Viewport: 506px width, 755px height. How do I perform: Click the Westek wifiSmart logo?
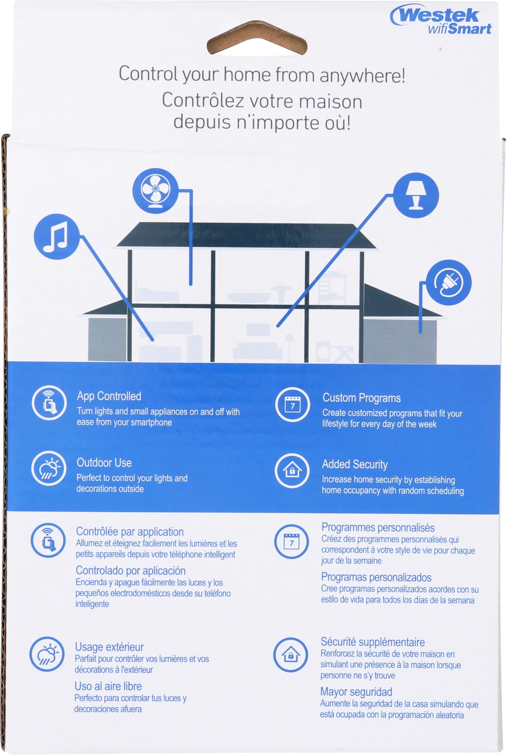click(x=441, y=19)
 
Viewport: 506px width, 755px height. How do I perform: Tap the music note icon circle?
click(x=57, y=237)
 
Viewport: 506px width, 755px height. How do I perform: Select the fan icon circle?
click(x=156, y=191)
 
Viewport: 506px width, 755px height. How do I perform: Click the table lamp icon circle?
click(x=416, y=195)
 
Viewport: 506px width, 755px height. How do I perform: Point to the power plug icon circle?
click(x=448, y=282)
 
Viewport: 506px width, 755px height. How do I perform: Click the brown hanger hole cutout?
click(x=257, y=38)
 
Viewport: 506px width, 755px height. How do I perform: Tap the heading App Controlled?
click(x=109, y=396)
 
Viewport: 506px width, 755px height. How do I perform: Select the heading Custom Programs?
click(x=362, y=398)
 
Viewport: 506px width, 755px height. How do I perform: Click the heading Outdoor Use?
click(x=104, y=463)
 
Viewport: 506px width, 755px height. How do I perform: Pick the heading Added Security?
click(x=355, y=464)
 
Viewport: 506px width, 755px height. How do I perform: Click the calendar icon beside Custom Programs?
click(x=292, y=404)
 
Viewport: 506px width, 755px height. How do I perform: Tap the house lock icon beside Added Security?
click(x=292, y=470)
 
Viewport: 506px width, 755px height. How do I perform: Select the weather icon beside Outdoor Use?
click(x=49, y=468)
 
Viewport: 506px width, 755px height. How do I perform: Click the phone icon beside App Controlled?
click(x=49, y=403)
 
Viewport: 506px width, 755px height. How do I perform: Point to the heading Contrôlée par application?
click(x=130, y=531)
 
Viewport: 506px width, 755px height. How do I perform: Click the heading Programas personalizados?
click(x=376, y=577)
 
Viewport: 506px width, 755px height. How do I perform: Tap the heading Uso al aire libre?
click(x=108, y=686)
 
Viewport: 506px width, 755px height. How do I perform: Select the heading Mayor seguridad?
click(x=356, y=692)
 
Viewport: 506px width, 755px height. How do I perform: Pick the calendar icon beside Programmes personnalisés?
click(x=291, y=541)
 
